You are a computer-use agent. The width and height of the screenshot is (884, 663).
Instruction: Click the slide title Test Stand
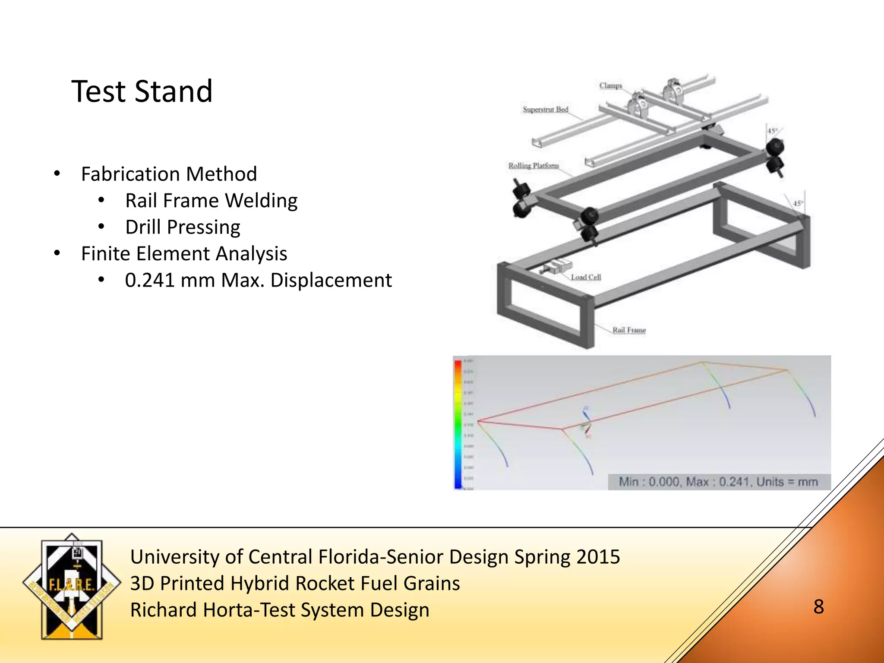pos(142,92)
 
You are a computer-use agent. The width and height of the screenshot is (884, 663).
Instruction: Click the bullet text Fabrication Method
pos(169,174)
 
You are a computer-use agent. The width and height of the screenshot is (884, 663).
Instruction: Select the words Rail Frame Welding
pos(211,201)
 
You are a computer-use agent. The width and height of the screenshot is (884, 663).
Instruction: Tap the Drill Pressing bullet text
pos(183,227)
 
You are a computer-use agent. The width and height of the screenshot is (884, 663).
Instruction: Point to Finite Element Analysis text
pos(184,254)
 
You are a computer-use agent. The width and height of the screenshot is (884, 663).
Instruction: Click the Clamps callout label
pos(610,86)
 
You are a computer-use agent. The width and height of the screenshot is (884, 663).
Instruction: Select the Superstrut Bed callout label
pos(545,110)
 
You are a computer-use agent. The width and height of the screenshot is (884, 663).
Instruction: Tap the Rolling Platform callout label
pos(533,166)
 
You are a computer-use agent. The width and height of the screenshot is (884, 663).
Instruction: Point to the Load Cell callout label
pos(586,277)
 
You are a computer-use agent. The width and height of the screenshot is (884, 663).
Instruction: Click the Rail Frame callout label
pos(629,330)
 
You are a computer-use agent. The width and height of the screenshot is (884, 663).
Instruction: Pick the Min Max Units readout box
pos(718,482)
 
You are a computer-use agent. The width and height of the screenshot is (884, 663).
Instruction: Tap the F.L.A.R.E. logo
pos(72,587)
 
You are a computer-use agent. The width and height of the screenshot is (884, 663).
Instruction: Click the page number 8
pos(818,607)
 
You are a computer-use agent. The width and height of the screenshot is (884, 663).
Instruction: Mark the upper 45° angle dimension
pos(772,131)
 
